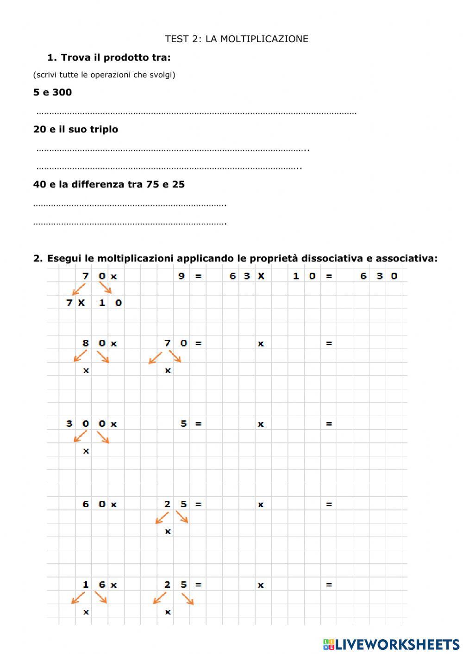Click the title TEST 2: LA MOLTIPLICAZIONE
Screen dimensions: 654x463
(237, 39)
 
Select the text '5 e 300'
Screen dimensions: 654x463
(52, 92)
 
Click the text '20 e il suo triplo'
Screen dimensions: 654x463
(75, 129)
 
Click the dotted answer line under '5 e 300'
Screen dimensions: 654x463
(196, 112)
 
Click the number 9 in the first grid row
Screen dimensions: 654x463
(181, 276)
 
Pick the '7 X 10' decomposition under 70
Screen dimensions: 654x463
(94, 303)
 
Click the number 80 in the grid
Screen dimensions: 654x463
(94, 343)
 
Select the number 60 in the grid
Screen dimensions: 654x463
(94, 504)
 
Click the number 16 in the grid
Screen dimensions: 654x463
(94, 585)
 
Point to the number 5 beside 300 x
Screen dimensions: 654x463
(183, 424)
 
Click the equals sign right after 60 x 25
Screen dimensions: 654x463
(198, 504)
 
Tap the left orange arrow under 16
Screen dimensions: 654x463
(78, 598)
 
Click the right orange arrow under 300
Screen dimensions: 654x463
(103, 437)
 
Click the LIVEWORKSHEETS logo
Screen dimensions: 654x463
(391, 644)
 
